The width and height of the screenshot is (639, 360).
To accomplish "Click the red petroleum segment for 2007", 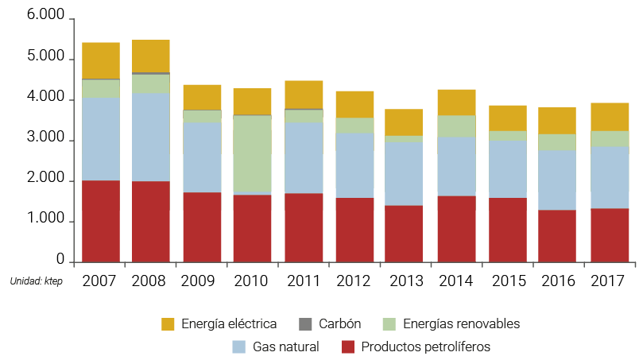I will [100, 221].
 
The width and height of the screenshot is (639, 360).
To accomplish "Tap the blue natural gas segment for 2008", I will [151, 137].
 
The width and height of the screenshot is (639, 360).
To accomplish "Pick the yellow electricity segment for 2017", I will [610, 116].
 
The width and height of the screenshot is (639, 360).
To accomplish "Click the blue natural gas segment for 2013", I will [405, 173].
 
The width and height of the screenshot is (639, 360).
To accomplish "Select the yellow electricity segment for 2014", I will [456, 102].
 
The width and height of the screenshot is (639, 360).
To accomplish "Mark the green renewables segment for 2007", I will [100, 88].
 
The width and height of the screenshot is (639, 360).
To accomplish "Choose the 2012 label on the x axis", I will [354, 281].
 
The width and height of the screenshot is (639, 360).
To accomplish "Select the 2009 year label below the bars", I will [202, 281].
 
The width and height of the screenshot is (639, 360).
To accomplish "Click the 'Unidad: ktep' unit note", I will [36, 281].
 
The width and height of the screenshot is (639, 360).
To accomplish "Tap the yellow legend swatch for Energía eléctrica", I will [168, 323].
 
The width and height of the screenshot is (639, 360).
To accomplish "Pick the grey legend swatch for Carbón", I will [304, 323].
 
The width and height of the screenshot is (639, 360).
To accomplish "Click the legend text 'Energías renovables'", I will [461, 323].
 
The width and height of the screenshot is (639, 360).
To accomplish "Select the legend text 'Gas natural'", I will [286, 346].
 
